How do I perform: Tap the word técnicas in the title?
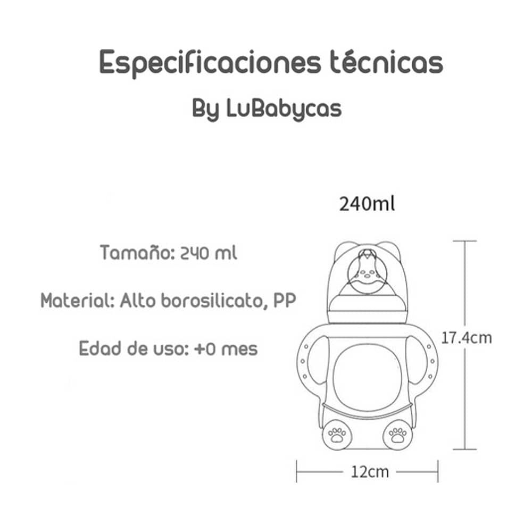383,63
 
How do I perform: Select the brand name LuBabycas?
284,109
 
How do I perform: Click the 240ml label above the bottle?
367,204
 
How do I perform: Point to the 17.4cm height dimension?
467,337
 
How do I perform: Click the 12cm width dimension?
367,471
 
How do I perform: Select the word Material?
77,301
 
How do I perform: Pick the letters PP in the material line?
284,301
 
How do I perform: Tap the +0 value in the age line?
204,349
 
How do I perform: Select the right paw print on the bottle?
397,435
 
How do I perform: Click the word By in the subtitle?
205,110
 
